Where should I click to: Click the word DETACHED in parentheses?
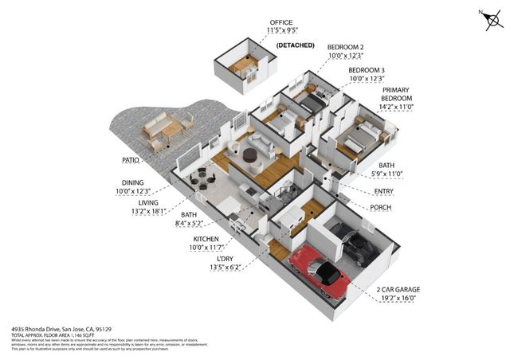tap(296, 45)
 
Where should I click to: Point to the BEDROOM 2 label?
tap(346, 47)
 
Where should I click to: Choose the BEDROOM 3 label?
tap(367, 69)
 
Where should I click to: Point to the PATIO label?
tap(131, 160)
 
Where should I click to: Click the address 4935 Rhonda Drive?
tap(40, 328)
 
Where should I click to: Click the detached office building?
tap(248, 67)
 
